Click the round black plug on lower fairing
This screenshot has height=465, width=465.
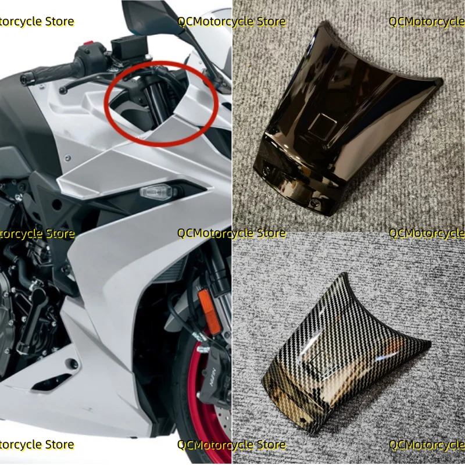[x=72, y=364]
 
